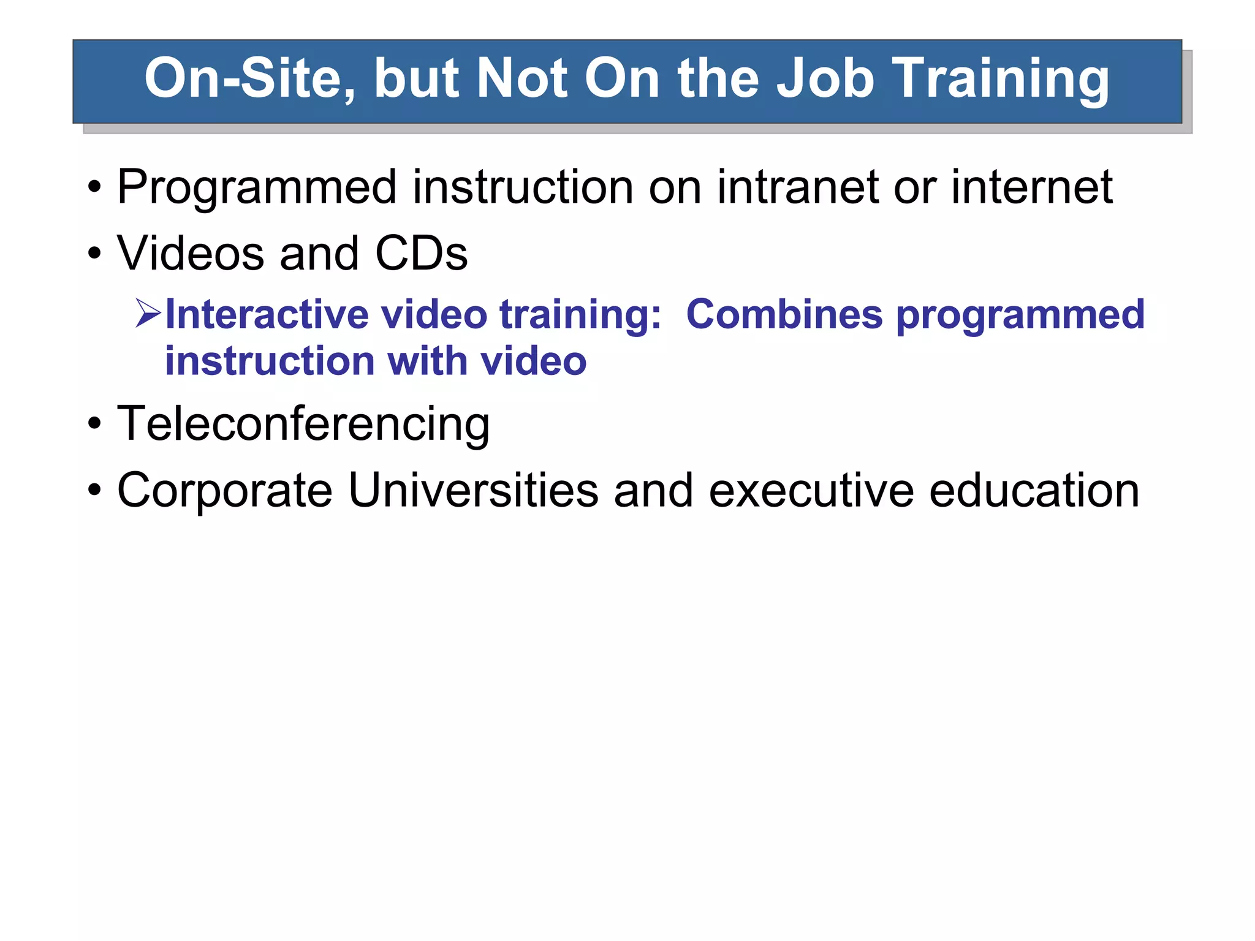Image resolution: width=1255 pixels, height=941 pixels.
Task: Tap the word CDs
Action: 422,253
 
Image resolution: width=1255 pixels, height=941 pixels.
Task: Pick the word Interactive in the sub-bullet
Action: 267,314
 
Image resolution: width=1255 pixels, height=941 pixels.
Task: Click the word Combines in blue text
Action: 784,314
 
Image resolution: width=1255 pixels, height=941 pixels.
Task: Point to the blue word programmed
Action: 1020,316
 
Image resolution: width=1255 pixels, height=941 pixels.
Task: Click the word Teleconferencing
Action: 303,424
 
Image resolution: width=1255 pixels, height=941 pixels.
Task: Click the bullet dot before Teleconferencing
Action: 94,423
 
